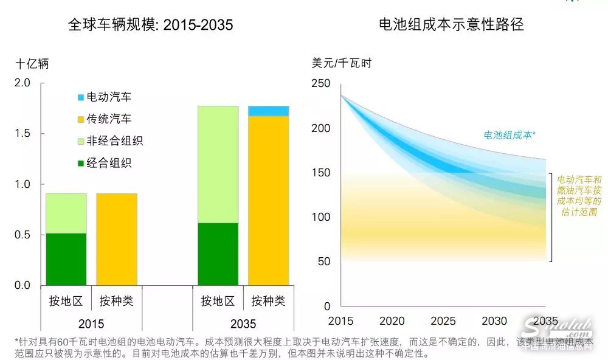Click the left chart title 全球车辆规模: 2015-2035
tap(151, 25)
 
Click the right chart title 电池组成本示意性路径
tap(451, 25)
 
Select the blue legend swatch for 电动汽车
tap(81, 97)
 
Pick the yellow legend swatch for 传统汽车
tap(81, 119)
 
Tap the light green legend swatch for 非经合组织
tap(81, 142)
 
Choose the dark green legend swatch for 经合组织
tap(81, 163)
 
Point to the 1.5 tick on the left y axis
tap(22, 134)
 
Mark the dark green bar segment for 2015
tap(66, 259)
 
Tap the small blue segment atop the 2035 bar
tap(268, 111)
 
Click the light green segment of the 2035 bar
tap(218, 164)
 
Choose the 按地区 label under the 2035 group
tap(218, 300)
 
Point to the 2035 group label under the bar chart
tap(243, 323)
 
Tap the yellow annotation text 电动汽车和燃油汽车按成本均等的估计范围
tap(579, 196)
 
